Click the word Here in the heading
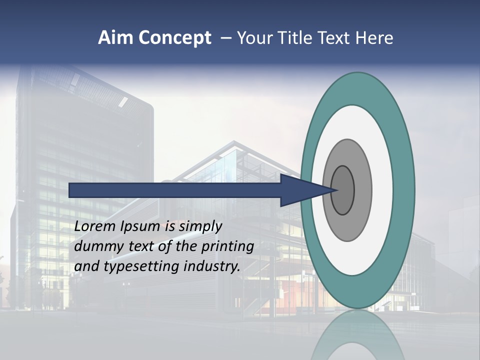pos(374,38)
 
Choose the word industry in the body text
pos(212,266)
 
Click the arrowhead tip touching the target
pos(336,190)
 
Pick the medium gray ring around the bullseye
pos(362,190)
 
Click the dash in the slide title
pos(225,38)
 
